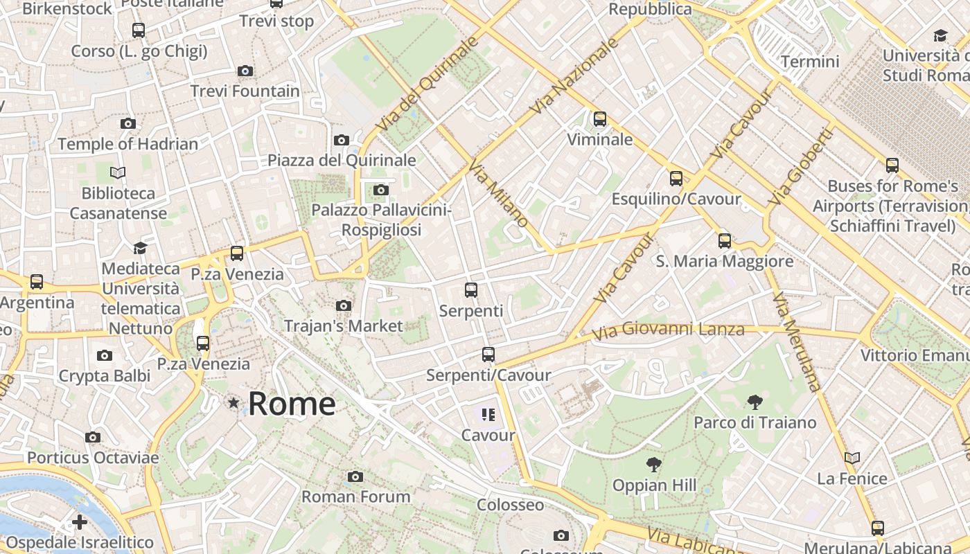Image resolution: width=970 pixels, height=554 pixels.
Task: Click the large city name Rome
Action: pos(292,404)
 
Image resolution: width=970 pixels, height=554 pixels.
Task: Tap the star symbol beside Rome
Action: pos(234,403)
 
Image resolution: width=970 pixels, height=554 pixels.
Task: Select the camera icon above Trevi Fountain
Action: pos(245,71)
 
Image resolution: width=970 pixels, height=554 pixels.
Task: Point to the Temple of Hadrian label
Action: pos(128,144)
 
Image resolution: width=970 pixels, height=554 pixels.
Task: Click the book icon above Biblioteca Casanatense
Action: pos(118,172)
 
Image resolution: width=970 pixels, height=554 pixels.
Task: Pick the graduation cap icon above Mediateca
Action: pos(141,248)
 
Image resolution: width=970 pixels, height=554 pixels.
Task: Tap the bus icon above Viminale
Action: pos(600,119)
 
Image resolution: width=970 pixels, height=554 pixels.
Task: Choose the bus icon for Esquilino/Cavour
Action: pos(676,179)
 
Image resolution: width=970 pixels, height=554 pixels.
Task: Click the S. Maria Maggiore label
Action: pos(725,261)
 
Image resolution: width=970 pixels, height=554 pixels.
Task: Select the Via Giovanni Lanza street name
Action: pos(668,330)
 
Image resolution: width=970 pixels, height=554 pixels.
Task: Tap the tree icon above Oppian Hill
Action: pos(653,465)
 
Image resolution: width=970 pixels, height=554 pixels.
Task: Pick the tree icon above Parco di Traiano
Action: pos(755,402)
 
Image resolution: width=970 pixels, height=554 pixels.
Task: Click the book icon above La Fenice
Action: pos(852,458)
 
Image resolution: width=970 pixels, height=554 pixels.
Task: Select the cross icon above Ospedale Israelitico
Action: pos(80,521)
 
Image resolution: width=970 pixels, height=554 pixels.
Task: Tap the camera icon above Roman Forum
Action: pos(355,476)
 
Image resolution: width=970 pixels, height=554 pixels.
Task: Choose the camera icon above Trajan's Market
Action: pos(343,305)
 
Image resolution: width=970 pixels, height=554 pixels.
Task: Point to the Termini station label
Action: pos(810,62)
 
